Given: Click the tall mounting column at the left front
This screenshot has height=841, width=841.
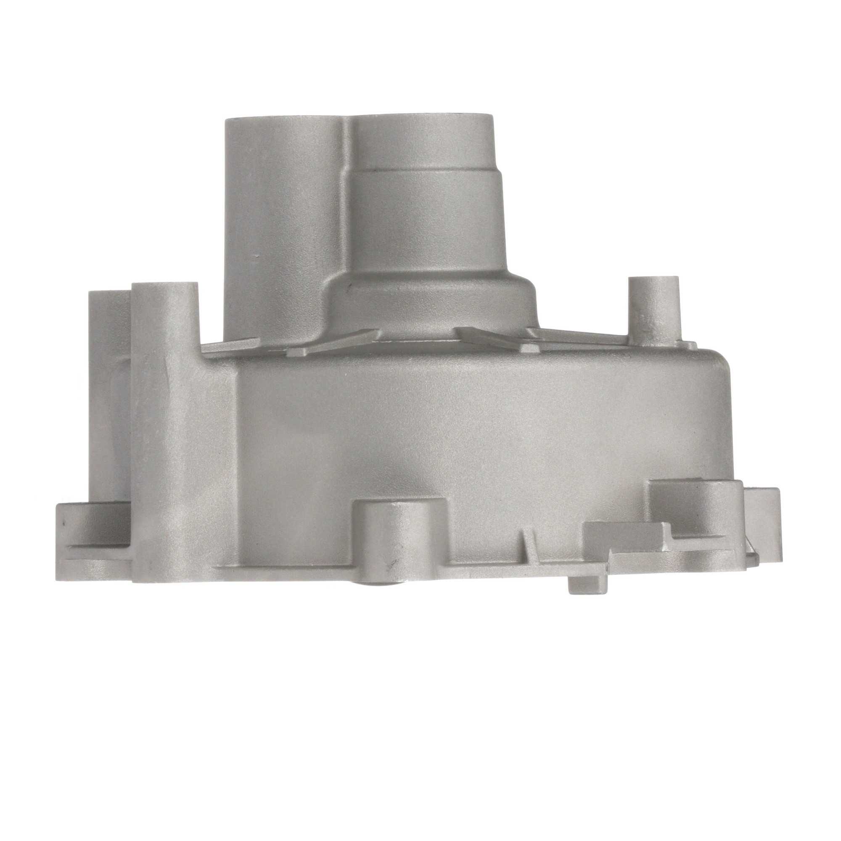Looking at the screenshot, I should [x=165, y=392].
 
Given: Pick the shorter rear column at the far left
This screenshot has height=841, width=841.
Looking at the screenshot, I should [x=109, y=392].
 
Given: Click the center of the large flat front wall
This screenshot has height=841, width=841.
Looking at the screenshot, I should [x=457, y=435].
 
